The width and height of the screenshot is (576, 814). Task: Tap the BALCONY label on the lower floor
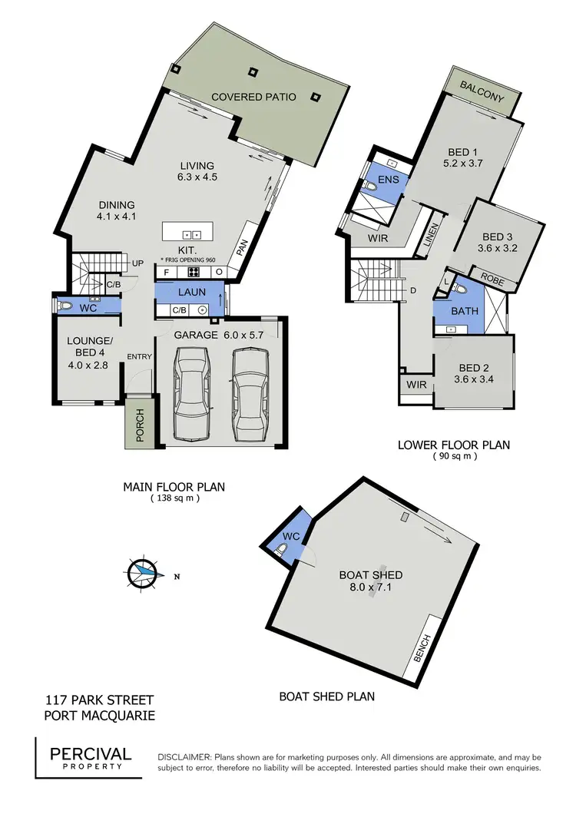point(482,97)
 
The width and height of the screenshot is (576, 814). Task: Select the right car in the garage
point(250,392)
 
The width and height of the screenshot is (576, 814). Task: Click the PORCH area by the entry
point(140,422)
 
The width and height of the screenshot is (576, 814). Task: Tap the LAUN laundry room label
point(191,293)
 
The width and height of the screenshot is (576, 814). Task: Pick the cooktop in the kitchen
point(194,272)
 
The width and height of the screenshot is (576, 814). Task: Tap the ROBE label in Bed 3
point(492,282)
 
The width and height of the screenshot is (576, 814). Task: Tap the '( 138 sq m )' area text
point(174,498)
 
